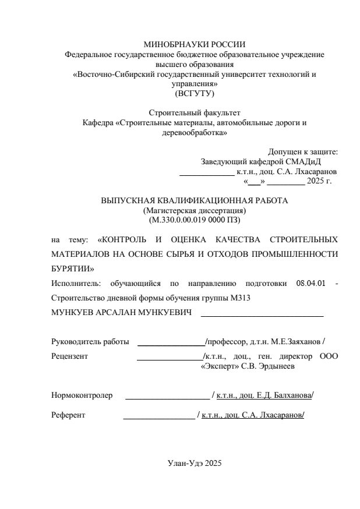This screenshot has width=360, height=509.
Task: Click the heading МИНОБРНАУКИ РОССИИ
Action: tap(194, 44)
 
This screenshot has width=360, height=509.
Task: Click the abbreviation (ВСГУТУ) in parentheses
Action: tap(194, 93)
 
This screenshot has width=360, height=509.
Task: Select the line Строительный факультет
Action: tap(194, 113)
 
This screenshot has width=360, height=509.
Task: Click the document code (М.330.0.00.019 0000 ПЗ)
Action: tap(194, 220)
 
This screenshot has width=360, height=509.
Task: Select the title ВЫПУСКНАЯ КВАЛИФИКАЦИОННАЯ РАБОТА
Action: tap(194, 200)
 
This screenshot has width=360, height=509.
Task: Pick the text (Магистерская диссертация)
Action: tap(194, 210)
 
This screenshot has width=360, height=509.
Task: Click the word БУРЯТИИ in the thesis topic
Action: tap(72, 269)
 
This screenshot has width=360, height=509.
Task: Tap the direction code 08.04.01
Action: tap(311, 284)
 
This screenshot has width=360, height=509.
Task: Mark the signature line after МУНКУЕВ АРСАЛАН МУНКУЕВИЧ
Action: tap(262, 315)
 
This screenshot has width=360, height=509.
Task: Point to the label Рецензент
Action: tap(69, 356)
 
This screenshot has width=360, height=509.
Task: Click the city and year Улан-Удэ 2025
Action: tap(194, 464)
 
